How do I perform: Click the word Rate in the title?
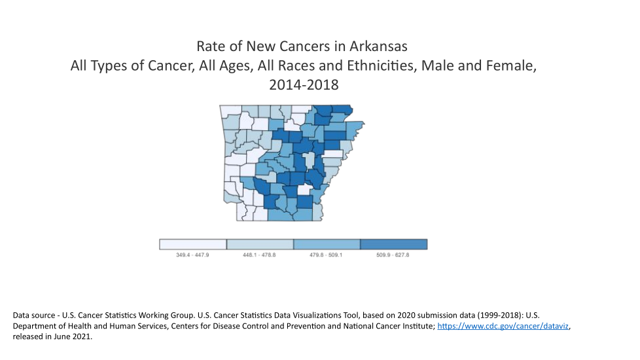point(211,47)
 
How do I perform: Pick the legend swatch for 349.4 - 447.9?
point(193,244)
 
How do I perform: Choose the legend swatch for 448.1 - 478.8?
point(260,244)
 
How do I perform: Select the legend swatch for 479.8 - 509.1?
point(327,244)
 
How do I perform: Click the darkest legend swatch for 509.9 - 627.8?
point(394,244)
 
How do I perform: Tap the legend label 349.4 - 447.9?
point(192,255)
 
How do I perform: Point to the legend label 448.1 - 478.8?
point(259,255)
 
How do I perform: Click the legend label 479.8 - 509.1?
point(327,255)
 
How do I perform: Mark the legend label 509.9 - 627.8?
point(393,255)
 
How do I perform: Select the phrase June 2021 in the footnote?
point(71,336)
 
